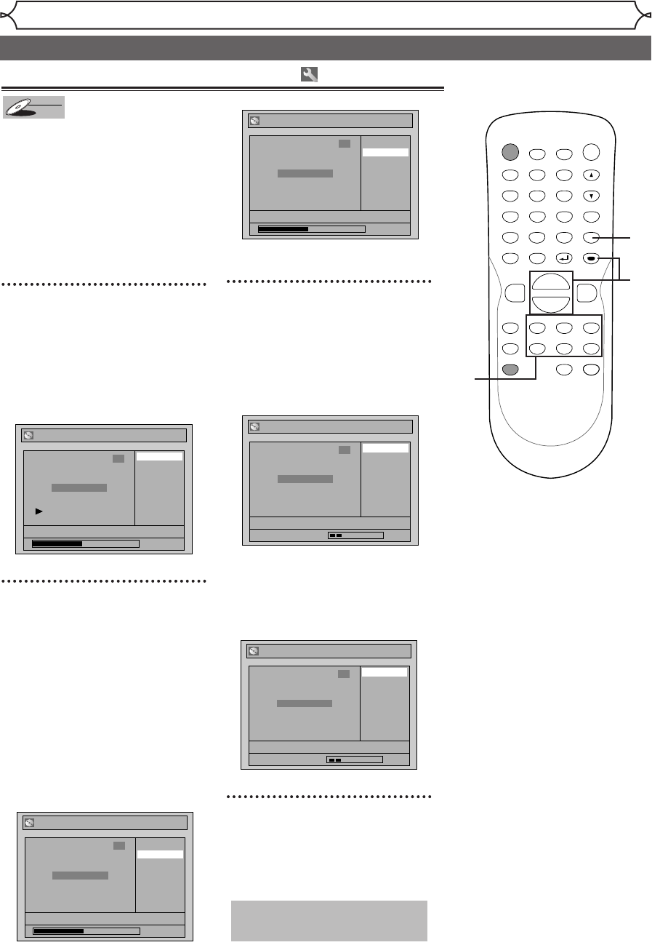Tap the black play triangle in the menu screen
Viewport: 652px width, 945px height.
click(39, 511)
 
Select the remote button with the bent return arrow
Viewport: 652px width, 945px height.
click(563, 258)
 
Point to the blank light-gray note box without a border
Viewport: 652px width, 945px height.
click(329, 921)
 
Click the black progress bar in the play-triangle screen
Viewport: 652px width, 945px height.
click(57, 543)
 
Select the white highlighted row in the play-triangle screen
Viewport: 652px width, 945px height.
click(160, 457)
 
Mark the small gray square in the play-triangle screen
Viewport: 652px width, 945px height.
click(118, 460)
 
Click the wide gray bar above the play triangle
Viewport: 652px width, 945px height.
click(79, 487)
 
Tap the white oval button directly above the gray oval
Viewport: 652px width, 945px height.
click(510, 348)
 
